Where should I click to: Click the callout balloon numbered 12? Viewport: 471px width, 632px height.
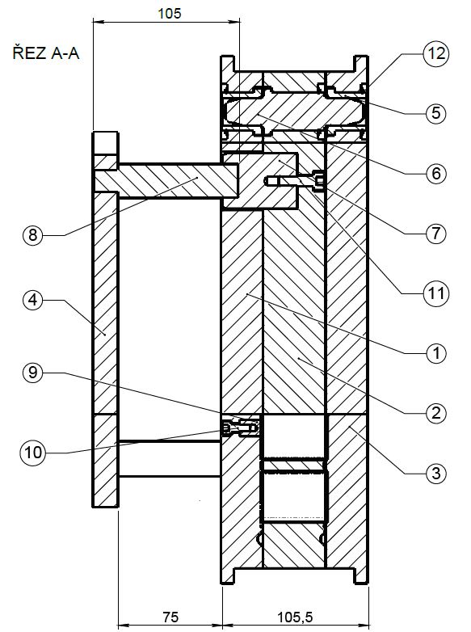(x=435, y=53)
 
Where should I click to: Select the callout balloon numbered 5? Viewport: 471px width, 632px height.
(x=436, y=113)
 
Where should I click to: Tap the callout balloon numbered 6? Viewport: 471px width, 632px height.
(x=436, y=173)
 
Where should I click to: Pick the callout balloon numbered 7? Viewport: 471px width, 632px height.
(x=436, y=234)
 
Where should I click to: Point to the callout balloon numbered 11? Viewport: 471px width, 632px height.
(x=435, y=293)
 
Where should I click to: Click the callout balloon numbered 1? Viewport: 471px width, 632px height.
(x=436, y=353)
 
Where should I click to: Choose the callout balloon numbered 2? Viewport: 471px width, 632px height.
(x=436, y=413)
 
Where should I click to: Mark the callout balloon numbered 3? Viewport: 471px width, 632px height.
(x=436, y=473)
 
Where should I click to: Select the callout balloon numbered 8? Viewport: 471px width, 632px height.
(x=33, y=234)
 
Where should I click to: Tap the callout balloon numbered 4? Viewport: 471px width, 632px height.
(x=33, y=300)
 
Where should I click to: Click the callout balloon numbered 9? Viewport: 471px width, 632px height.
(x=33, y=373)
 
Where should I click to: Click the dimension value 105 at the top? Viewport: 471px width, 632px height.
(x=169, y=13)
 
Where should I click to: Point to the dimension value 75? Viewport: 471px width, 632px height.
(x=170, y=617)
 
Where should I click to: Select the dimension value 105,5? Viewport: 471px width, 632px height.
(x=296, y=617)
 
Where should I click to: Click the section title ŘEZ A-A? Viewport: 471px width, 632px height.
(x=46, y=53)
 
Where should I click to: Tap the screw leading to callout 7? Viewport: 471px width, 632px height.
(x=295, y=181)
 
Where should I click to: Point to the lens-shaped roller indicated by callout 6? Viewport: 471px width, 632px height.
(x=295, y=111)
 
